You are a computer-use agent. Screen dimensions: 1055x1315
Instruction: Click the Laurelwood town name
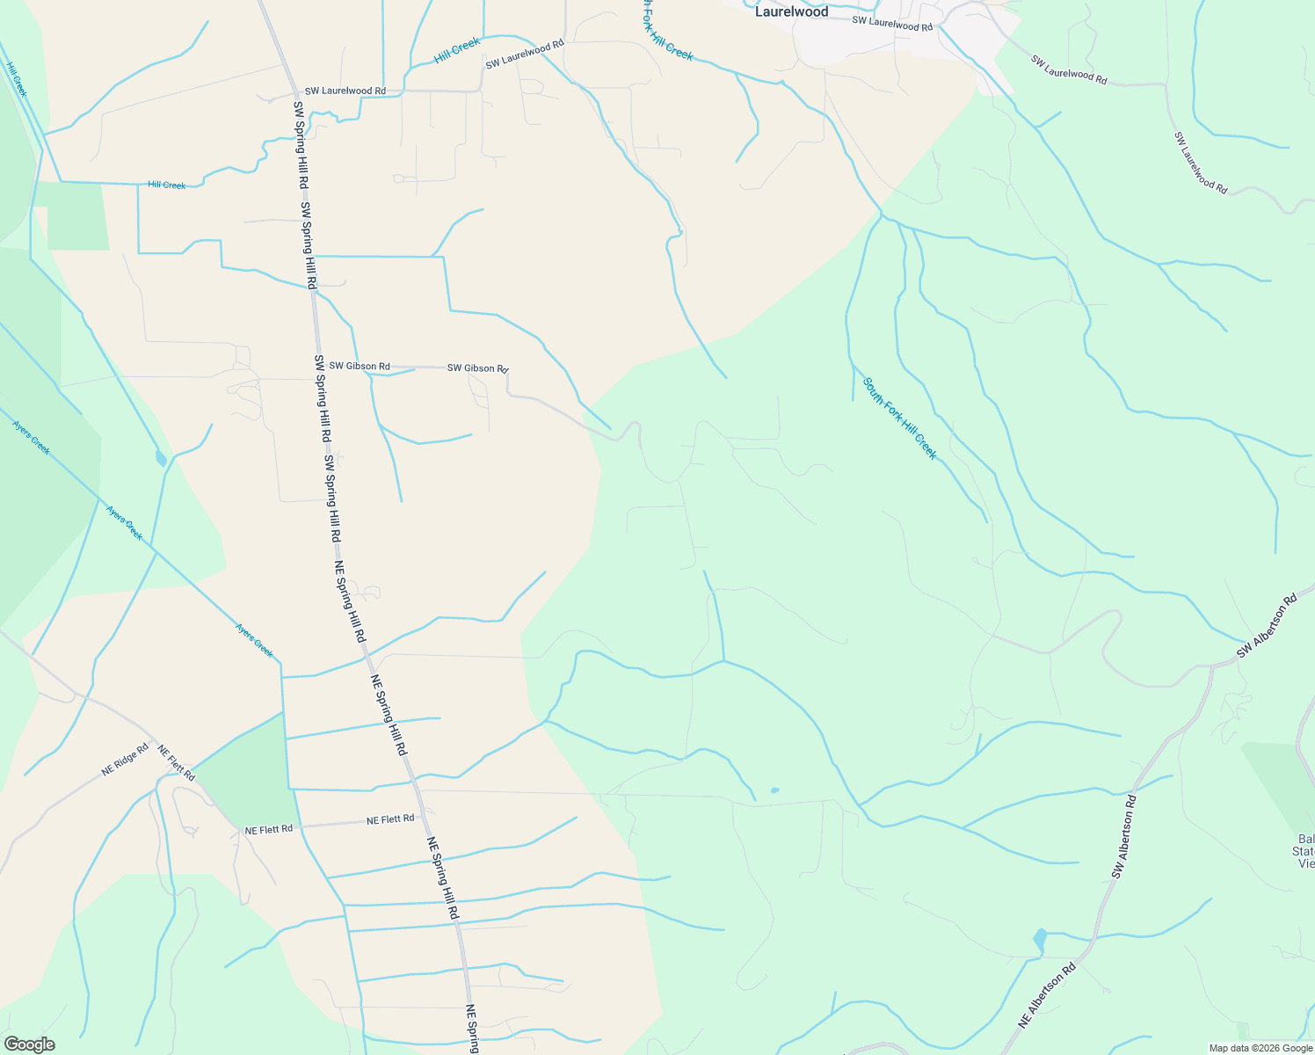[x=791, y=11]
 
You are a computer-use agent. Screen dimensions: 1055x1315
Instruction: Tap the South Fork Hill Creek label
[x=899, y=418]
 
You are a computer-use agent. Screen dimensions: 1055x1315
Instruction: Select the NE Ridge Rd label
[x=125, y=760]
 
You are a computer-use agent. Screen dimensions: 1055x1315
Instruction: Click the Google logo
[x=29, y=1044]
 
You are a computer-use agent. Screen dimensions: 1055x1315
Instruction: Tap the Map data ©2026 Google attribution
[x=1261, y=1048]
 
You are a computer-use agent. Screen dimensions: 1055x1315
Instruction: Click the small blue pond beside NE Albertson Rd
[x=1041, y=941]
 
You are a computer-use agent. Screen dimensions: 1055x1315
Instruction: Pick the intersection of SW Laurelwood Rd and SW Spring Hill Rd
[x=294, y=91]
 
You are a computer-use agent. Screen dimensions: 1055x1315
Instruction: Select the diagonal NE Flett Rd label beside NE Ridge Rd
[x=176, y=762]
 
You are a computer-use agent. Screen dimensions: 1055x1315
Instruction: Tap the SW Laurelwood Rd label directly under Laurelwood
[x=891, y=25]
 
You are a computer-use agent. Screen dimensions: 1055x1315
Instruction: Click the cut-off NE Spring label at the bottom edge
[x=472, y=1030]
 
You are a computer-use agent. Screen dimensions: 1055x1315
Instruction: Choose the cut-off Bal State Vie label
[x=1305, y=850]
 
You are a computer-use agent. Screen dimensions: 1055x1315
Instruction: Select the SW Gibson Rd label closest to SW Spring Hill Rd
[x=360, y=366]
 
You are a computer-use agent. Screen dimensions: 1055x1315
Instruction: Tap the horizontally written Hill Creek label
[x=167, y=185]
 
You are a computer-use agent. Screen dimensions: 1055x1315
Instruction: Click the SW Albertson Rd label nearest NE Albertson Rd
[x=1123, y=836]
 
